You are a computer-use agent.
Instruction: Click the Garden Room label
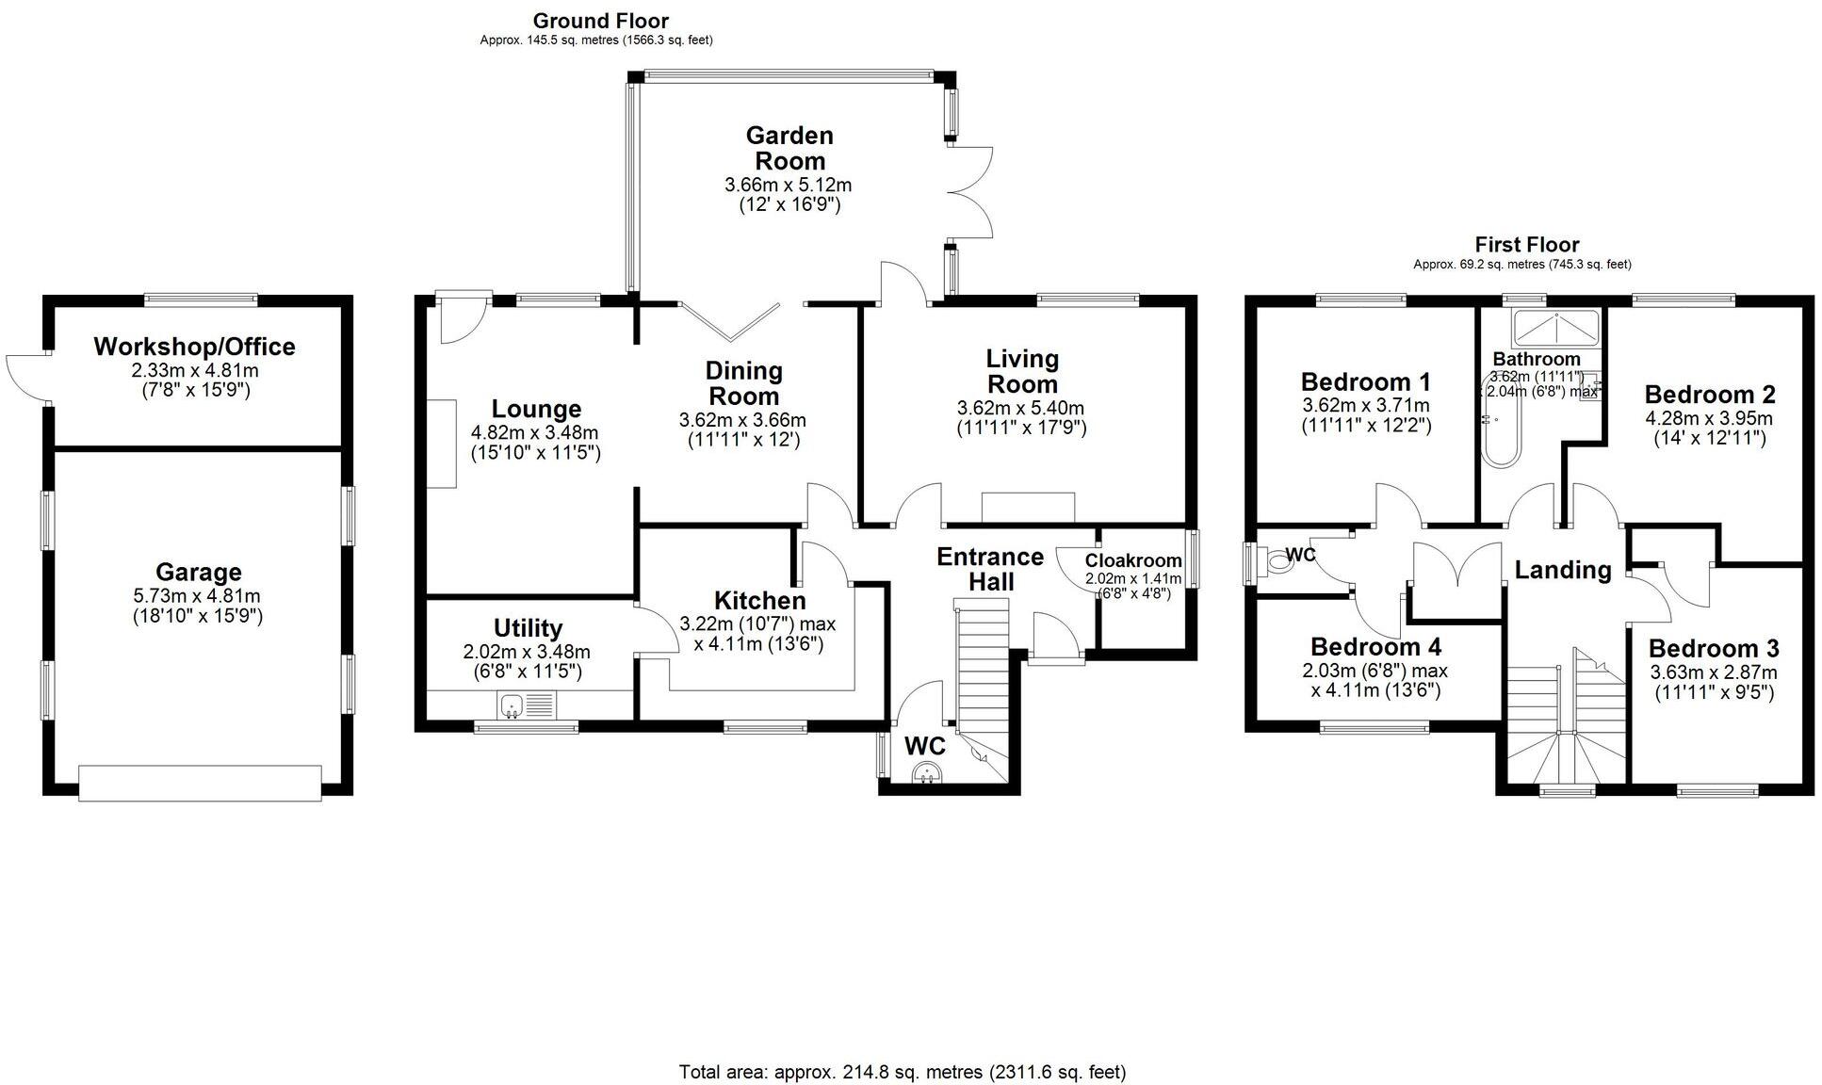coord(789,148)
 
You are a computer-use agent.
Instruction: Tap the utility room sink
coord(513,704)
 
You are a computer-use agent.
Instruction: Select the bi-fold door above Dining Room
coord(730,320)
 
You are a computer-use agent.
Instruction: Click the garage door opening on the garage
coord(200,783)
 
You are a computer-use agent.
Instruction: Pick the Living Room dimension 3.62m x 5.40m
coord(1020,409)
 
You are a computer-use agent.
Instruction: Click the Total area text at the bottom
coord(902,1072)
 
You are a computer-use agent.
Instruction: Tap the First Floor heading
coord(1526,245)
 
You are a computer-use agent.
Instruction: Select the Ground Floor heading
coord(600,21)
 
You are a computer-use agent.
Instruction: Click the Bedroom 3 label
coord(1714,649)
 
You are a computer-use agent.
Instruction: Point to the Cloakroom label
coord(1133,560)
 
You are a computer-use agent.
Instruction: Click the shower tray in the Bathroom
coord(1555,327)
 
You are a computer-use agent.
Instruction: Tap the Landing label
coord(1562,570)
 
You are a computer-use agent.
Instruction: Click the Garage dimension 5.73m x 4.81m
coord(197,596)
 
